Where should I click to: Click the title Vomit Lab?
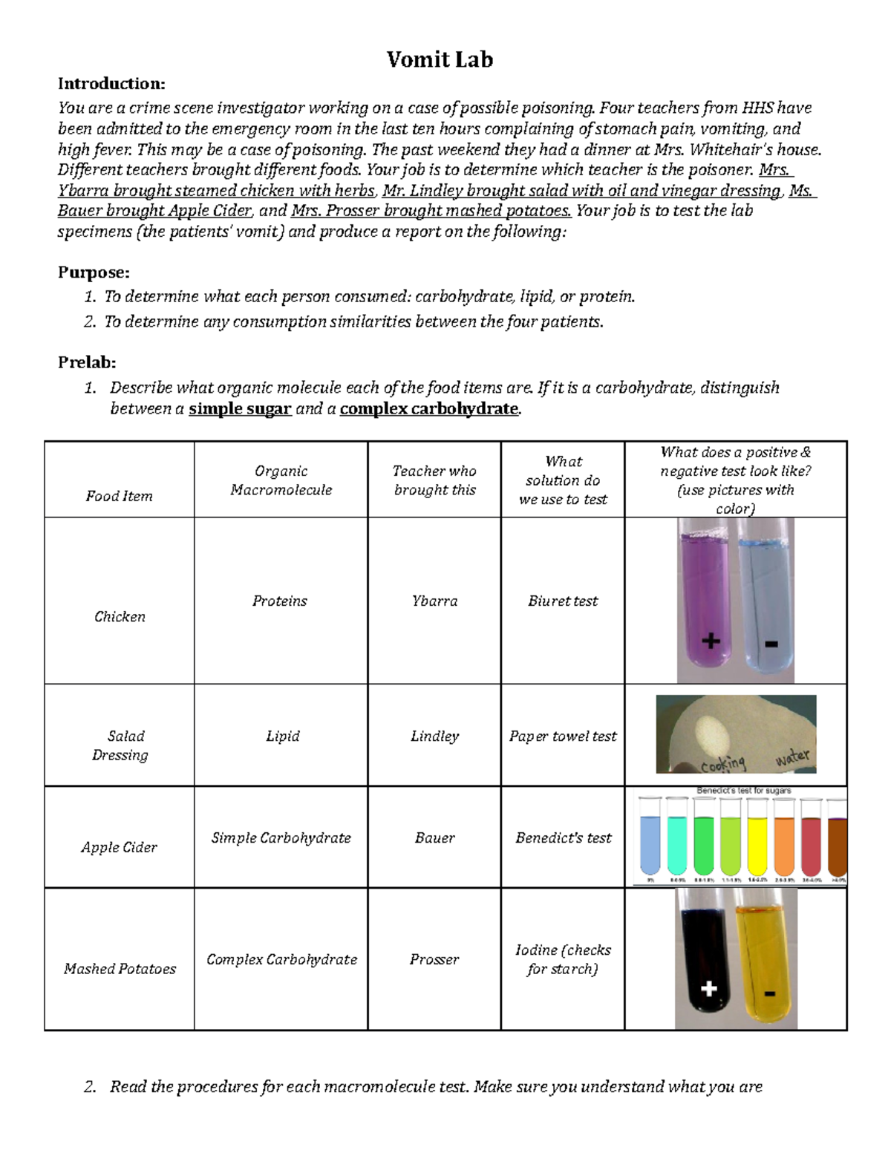pos(440,59)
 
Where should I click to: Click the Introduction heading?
pos(111,83)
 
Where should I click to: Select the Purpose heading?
pos(94,272)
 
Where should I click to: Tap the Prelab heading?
pos(87,362)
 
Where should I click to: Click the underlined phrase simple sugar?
pos(240,408)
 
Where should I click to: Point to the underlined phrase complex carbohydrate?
pos(428,408)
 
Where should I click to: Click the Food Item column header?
pos(119,496)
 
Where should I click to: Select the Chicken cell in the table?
pos(120,616)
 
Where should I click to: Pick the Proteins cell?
pos(280,601)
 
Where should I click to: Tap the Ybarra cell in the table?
pos(434,601)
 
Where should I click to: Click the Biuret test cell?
pos(563,601)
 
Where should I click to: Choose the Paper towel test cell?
pos(563,736)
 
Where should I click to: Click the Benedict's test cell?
pos(563,837)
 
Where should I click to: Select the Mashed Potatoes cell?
pos(120,968)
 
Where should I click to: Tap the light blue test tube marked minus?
pos(765,594)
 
